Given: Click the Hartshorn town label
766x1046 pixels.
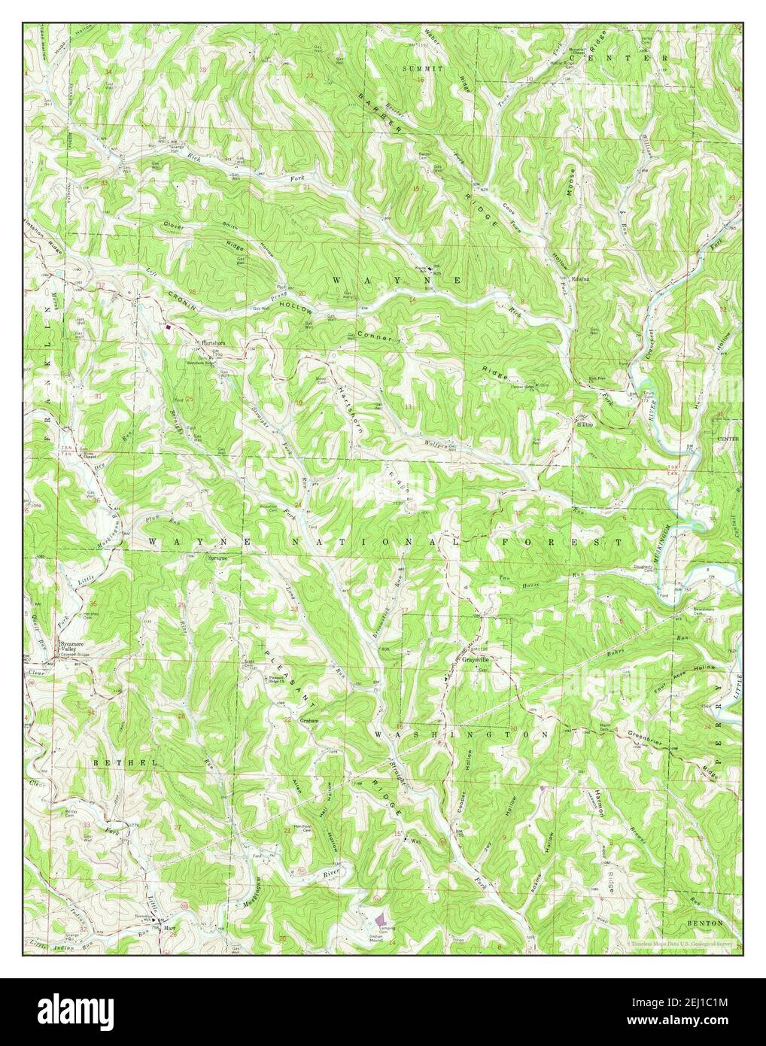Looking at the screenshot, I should (208, 342).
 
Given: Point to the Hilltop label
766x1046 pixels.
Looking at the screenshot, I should (585, 424).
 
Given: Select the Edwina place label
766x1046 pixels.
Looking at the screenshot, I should (580, 280).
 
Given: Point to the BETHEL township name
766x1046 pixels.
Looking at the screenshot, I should (112, 762).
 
